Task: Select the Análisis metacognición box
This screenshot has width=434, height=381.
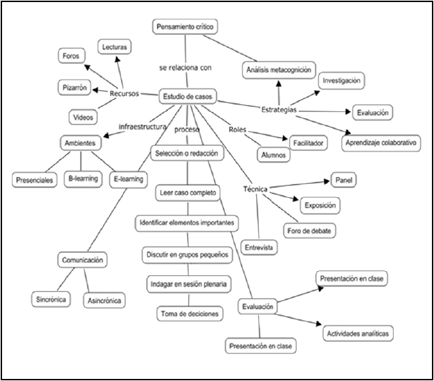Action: click(280, 69)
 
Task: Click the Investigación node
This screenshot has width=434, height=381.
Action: click(340, 81)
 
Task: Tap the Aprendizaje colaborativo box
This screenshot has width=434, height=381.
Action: click(381, 143)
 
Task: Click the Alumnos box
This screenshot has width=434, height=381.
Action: click(272, 155)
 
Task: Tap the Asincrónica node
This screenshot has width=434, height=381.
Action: click(104, 301)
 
